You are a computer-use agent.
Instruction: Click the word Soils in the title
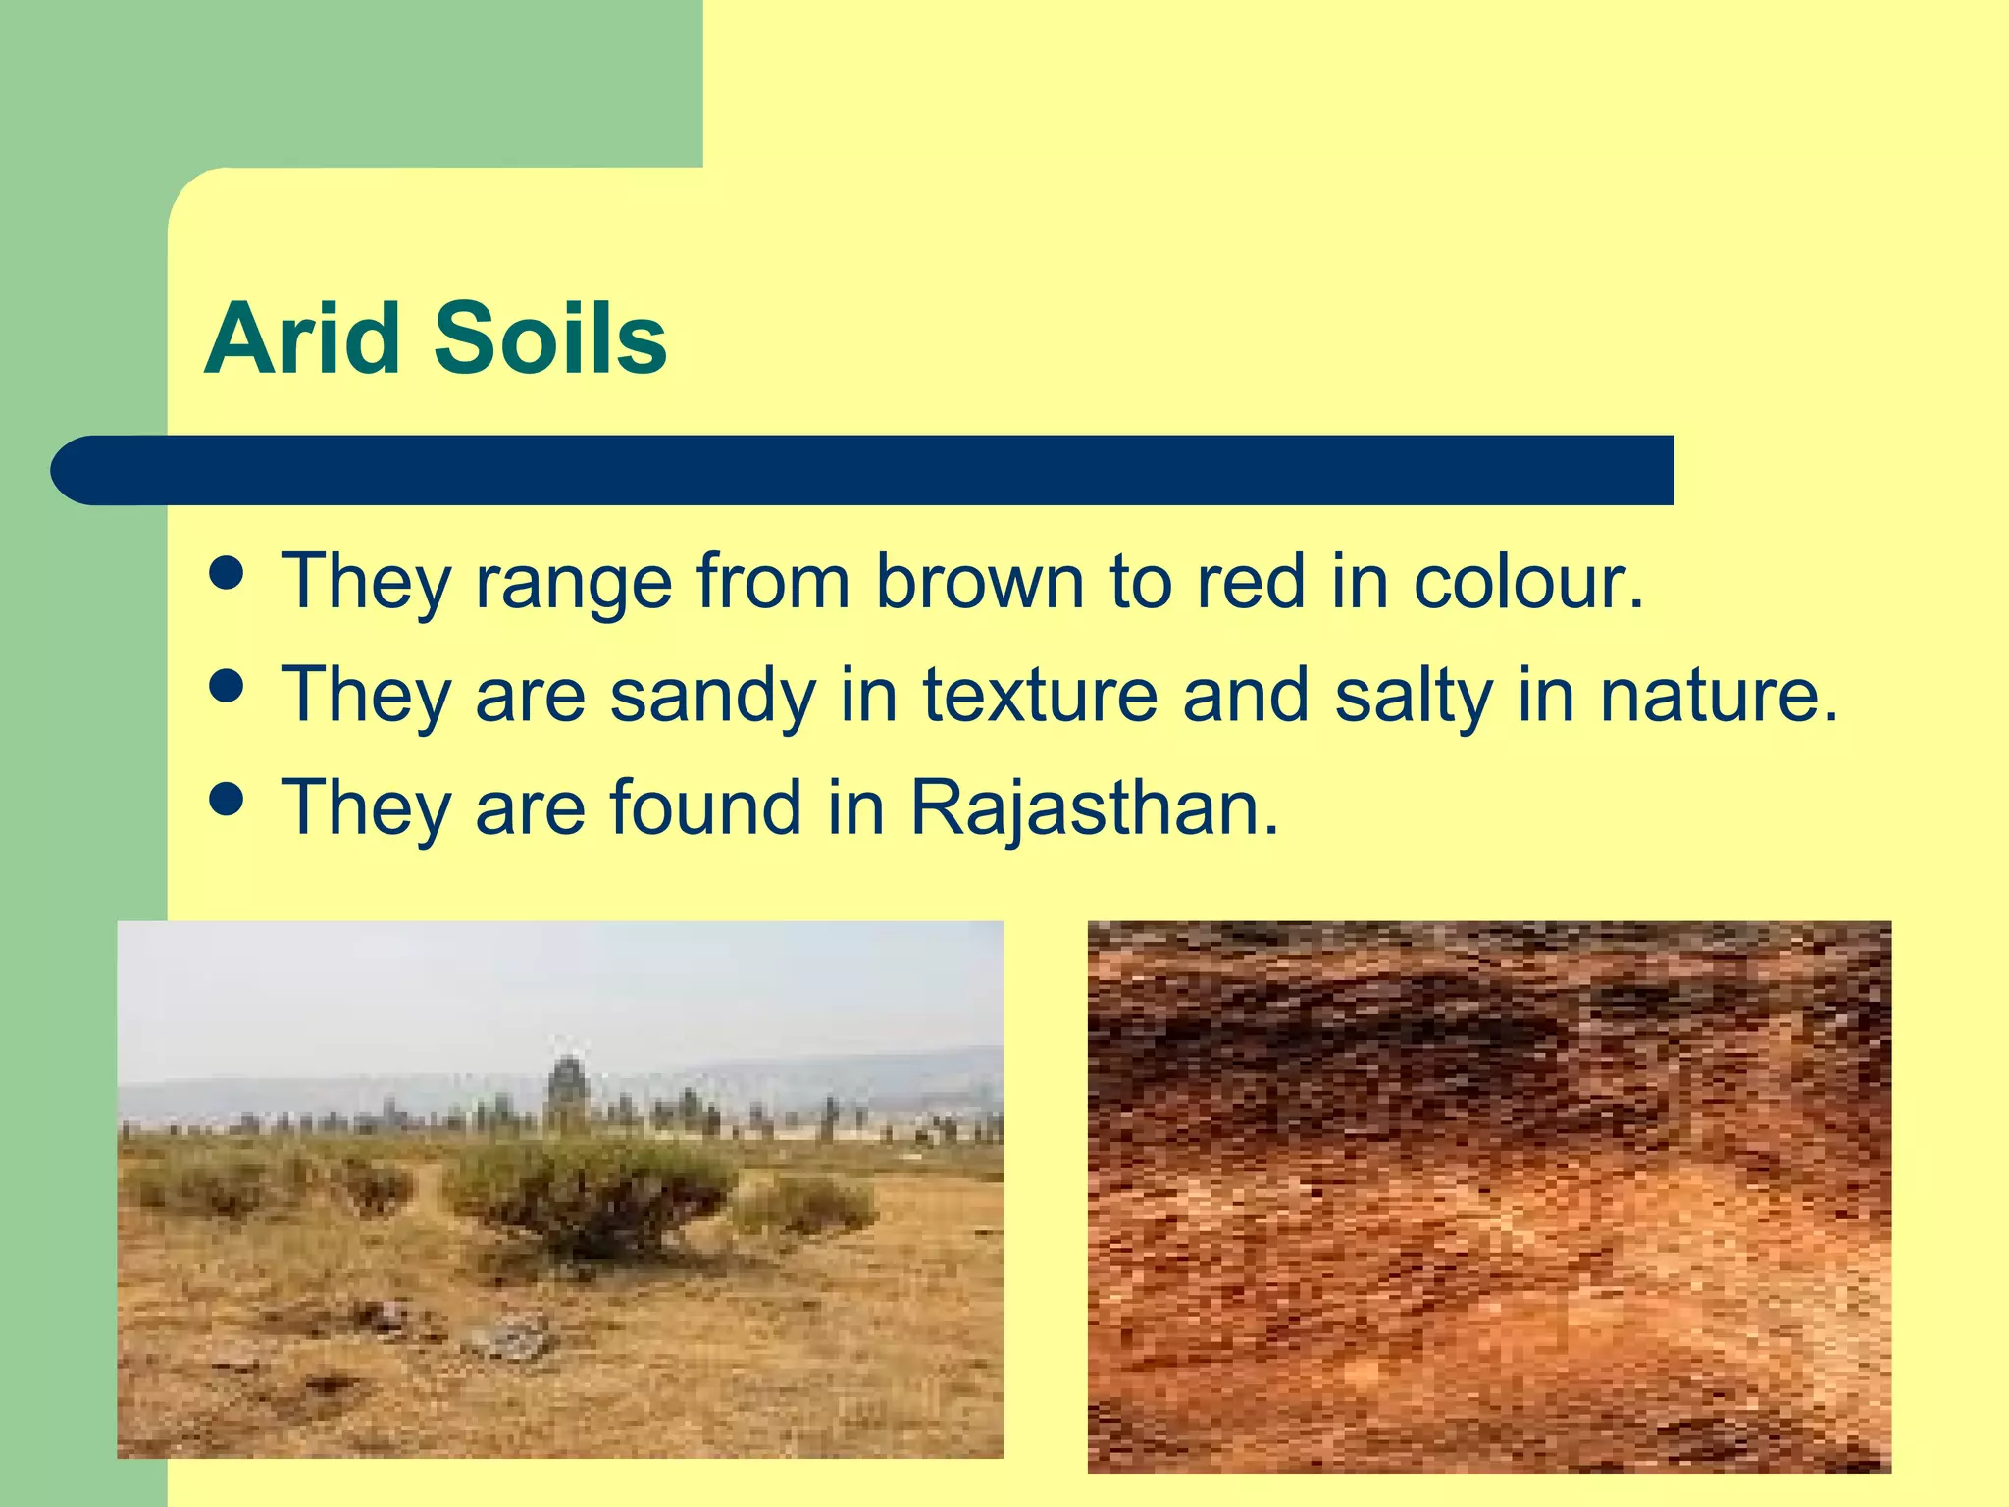point(549,339)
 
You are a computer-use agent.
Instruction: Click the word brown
point(980,582)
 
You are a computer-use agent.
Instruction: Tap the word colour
point(1526,582)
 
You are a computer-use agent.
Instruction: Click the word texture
point(1040,695)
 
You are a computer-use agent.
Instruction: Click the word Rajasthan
point(1095,807)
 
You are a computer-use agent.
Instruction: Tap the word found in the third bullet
point(705,807)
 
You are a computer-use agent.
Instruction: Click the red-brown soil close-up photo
point(1488,1197)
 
